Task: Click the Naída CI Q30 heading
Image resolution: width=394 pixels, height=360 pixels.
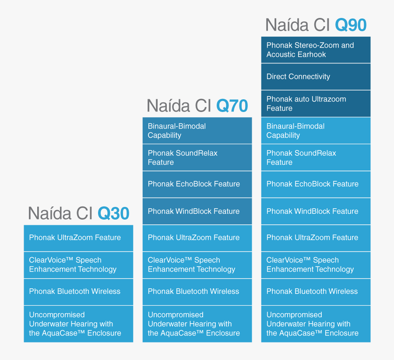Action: (x=79, y=213)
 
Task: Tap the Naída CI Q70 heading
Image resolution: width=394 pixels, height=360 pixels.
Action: (x=197, y=106)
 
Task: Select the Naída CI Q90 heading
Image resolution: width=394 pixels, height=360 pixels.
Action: (x=316, y=25)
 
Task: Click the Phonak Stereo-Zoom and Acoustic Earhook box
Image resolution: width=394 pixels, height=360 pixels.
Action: (x=316, y=50)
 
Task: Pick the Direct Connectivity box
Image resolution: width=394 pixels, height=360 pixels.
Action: (x=316, y=77)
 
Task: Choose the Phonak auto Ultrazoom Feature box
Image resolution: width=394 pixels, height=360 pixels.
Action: (x=316, y=104)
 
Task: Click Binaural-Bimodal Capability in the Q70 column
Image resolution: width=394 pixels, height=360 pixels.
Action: (x=197, y=131)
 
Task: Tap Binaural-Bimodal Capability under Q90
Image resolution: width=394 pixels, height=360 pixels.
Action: (x=316, y=131)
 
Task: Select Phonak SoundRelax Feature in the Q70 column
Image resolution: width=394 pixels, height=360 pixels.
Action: (x=197, y=157)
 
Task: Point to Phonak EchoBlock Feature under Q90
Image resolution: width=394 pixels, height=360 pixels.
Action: (x=316, y=184)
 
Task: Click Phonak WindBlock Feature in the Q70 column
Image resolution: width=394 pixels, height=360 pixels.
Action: (x=197, y=211)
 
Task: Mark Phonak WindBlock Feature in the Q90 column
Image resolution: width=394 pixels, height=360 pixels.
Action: (x=316, y=211)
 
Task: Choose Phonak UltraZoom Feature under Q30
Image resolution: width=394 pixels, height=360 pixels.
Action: (x=78, y=238)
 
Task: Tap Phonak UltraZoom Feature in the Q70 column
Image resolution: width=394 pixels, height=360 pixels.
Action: (x=197, y=238)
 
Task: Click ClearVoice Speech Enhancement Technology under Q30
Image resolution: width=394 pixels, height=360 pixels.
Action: (x=78, y=265)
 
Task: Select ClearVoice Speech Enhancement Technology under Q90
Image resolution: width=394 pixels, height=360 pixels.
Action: (x=316, y=265)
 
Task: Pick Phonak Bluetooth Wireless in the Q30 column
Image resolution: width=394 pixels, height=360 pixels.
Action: (x=78, y=292)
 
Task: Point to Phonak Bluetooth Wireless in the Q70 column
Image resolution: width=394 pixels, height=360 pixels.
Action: (x=197, y=292)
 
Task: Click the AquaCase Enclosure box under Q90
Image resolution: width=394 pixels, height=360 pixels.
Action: (x=316, y=324)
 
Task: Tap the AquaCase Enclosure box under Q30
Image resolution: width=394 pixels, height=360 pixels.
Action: (x=78, y=324)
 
